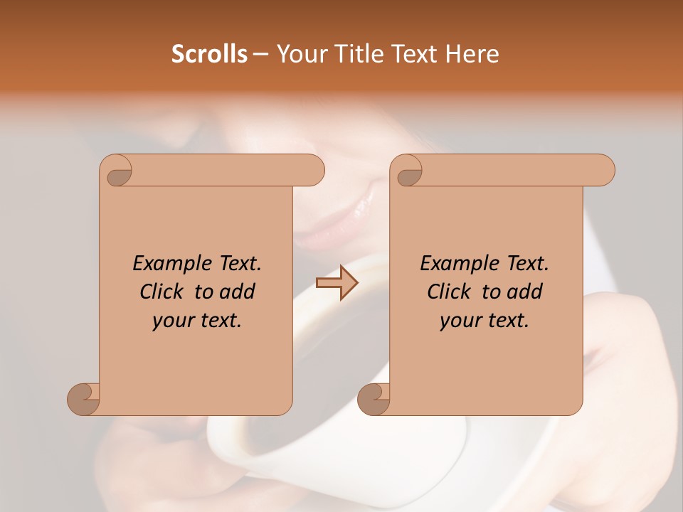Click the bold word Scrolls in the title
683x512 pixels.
pyautogui.click(x=210, y=54)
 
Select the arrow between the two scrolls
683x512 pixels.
pyautogui.click(x=337, y=283)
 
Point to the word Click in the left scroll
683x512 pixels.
pyautogui.click(x=163, y=292)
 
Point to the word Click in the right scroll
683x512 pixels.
pyautogui.click(x=450, y=292)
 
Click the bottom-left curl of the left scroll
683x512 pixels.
pyautogui.click(x=83, y=398)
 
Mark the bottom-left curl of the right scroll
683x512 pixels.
pyautogui.click(x=374, y=398)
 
